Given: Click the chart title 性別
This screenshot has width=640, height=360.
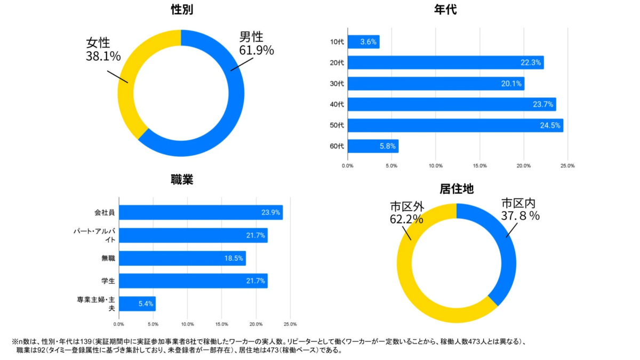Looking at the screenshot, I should (182, 9).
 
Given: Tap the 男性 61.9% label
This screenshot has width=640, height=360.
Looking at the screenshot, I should (256, 44).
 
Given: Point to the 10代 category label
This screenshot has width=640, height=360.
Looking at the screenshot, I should (337, 42).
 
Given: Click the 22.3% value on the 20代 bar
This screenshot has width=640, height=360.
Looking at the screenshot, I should (531, 63).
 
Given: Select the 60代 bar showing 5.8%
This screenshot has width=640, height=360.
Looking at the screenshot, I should (373, 146).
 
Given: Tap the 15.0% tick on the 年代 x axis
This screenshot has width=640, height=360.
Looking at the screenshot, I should (479, 166).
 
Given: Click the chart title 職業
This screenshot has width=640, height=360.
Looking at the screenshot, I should (182, 180).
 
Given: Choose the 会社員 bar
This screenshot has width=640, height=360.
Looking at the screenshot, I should (201, 212).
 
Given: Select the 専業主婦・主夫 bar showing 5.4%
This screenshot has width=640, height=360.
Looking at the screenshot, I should (137, 303).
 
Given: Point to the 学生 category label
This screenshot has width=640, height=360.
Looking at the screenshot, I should (109, 281).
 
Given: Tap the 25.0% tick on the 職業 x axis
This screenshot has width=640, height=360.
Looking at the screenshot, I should (290, 324).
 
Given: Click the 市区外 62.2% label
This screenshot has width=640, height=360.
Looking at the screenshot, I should (406, 212).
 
